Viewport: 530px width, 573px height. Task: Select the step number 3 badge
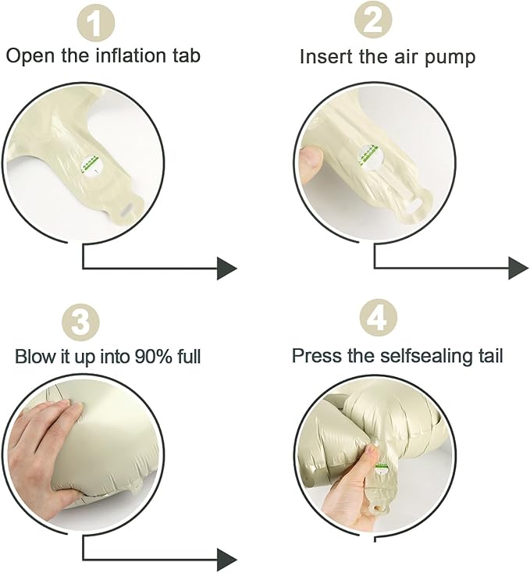click(80, 322)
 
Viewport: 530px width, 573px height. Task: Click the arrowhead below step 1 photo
click(227, 269)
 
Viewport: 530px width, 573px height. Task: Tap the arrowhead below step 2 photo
click(518, 269)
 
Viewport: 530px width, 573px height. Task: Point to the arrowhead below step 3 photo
click(227, 560)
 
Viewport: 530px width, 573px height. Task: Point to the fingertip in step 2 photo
click(311, 157)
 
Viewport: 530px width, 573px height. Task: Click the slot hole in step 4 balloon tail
click(376, 507)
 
